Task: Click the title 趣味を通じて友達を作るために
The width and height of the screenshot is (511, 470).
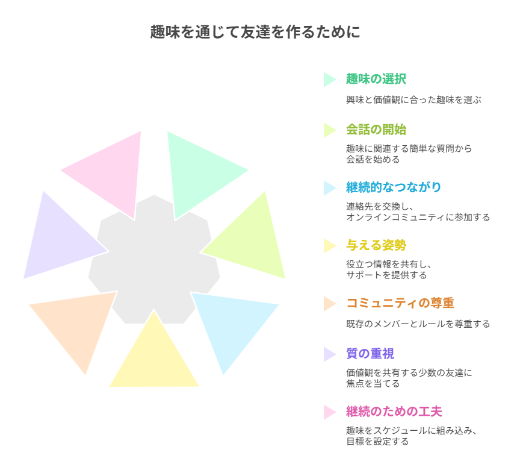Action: pos(255,32)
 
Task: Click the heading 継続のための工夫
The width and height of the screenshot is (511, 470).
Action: pos(394,412)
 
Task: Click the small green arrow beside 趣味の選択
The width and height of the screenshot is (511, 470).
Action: pos(329,80)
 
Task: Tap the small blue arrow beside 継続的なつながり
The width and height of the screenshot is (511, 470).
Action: pos(329,187)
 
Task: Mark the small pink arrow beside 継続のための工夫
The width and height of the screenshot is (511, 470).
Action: pos(329,412)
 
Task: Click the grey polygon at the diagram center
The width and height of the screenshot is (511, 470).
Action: pos(154,265)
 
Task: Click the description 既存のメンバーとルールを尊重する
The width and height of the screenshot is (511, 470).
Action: pos(418,324)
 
